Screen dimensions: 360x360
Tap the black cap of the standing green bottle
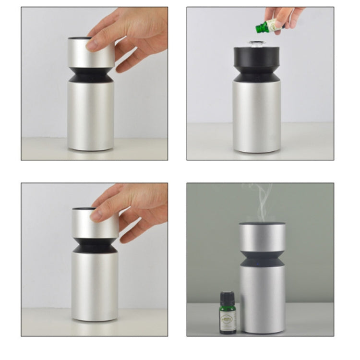click(x=228, y=297)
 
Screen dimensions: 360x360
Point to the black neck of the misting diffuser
click(x=262, y=260)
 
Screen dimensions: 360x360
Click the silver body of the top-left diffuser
click(x=91, y=115)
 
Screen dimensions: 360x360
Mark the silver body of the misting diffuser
click(x=263, y=300)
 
